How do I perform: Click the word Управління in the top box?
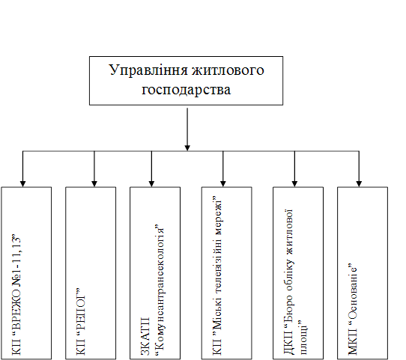point(148,70)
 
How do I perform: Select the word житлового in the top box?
point(228,70)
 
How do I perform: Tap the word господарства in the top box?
point(187,90)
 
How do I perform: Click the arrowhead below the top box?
point(187,147)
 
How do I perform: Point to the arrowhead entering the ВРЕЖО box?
point(22,183)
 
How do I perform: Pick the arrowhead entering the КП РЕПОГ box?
point(94,183)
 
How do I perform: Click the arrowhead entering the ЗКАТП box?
point(152,183)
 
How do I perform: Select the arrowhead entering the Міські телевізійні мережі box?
point(223,183)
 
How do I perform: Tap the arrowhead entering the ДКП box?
point(294,183)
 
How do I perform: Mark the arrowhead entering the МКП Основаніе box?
point(359,183)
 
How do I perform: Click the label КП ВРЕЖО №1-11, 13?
point(16,294)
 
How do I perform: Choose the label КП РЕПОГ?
point(81,321)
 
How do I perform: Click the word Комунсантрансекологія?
point(160,287)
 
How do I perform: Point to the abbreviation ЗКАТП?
point(145,336)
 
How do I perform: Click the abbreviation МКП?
point(352,342)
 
